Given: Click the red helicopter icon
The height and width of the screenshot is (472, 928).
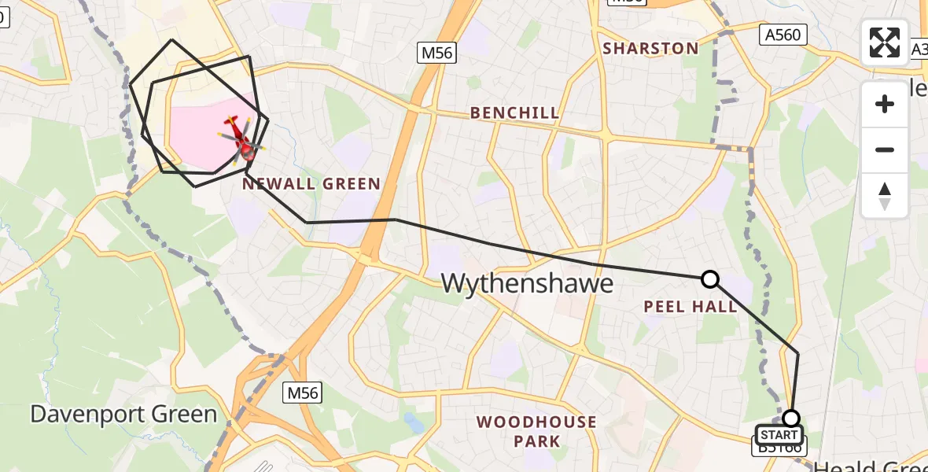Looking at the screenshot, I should click(x=241, y=138).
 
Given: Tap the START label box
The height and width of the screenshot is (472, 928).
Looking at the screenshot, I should click(x=779, y=435).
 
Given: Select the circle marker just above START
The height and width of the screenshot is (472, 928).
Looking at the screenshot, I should click(x=791, y=418).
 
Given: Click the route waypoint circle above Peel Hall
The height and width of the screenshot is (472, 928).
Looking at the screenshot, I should click(x=709, y=278).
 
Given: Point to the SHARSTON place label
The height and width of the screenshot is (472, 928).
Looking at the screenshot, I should click(x=650, y=49).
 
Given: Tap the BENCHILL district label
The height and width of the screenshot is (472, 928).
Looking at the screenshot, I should click(x=514, y=113).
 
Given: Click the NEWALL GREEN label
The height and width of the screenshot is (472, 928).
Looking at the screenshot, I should click(x=311, y=184).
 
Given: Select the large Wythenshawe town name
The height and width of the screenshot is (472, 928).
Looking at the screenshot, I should click(x=527, y=283).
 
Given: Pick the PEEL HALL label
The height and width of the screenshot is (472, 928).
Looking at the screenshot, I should click(x=690, y=307).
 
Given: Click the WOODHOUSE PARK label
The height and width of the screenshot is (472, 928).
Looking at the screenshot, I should click(x=536, y=431).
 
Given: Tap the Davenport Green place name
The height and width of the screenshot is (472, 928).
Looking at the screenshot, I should click(x=123, y=415).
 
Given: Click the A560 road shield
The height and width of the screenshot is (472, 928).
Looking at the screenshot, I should click(x=783, y=35).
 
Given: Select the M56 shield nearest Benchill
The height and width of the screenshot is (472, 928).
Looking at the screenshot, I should click(x=436, y=53).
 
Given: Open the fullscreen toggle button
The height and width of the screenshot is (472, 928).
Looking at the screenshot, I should click(x=885, y=42).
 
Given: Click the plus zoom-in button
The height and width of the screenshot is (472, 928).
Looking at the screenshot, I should click(x=885, y=104).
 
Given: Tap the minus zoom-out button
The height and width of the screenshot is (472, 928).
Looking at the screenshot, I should click(x=885, y=149).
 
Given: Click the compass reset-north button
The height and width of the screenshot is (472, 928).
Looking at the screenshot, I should click(x=885, y=195).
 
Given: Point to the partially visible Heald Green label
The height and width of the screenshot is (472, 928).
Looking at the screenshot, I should click(x=869, y=466).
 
